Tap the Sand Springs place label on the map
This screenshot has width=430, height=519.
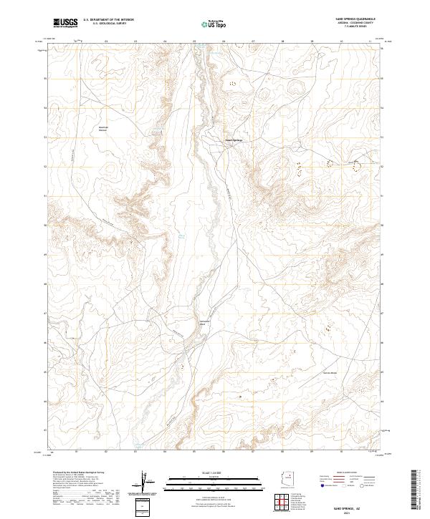234,140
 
